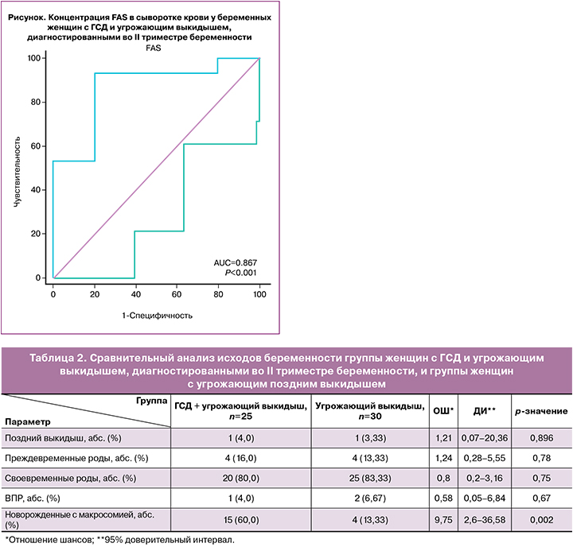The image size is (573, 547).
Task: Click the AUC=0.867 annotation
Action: pyautogui.click(x=236, y=262)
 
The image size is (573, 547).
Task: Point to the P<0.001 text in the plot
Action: pyautogui.click(x=242, y=273)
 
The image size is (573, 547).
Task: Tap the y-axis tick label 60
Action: pyautogui.click(x=36, y=146)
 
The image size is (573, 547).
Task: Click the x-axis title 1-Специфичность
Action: pyautogui.click(x=157, y=315)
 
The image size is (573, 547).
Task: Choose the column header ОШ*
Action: pyautogui.click(x=443, y=411)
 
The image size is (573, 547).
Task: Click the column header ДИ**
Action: pyautogui.click(x=485, y=411)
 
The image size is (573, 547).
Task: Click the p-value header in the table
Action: pyautogui.click(x=540, y=411)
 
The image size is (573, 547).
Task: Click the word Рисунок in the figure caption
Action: pyautogui.click(x=28, y=16)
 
